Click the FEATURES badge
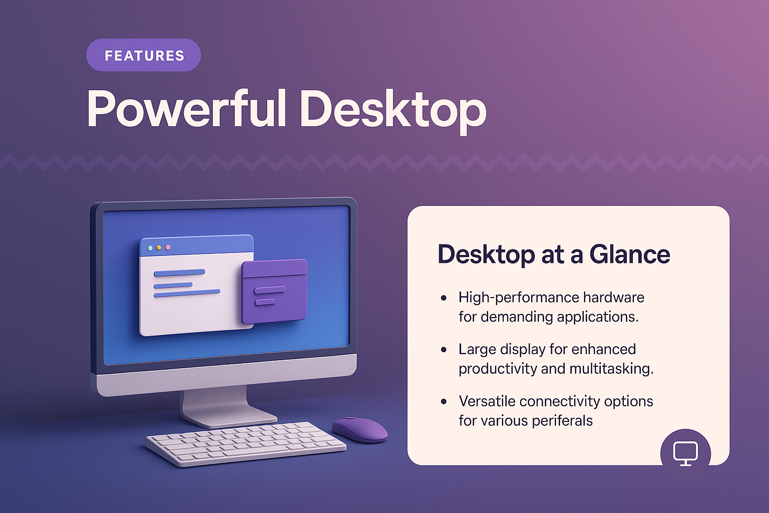(x=144, y=55)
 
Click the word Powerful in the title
(x=187, y=109)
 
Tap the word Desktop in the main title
(x=393, y=109)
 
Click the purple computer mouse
(x=360, y=429)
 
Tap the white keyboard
(x=245, y=443)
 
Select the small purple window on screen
(x=274, y=292)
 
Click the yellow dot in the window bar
(x=159, y=247)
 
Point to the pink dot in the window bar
(x=168, y=247)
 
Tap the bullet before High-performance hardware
(x=444, y=298)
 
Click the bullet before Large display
(x=444, y=350)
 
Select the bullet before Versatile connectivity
(x=444, y=402)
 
